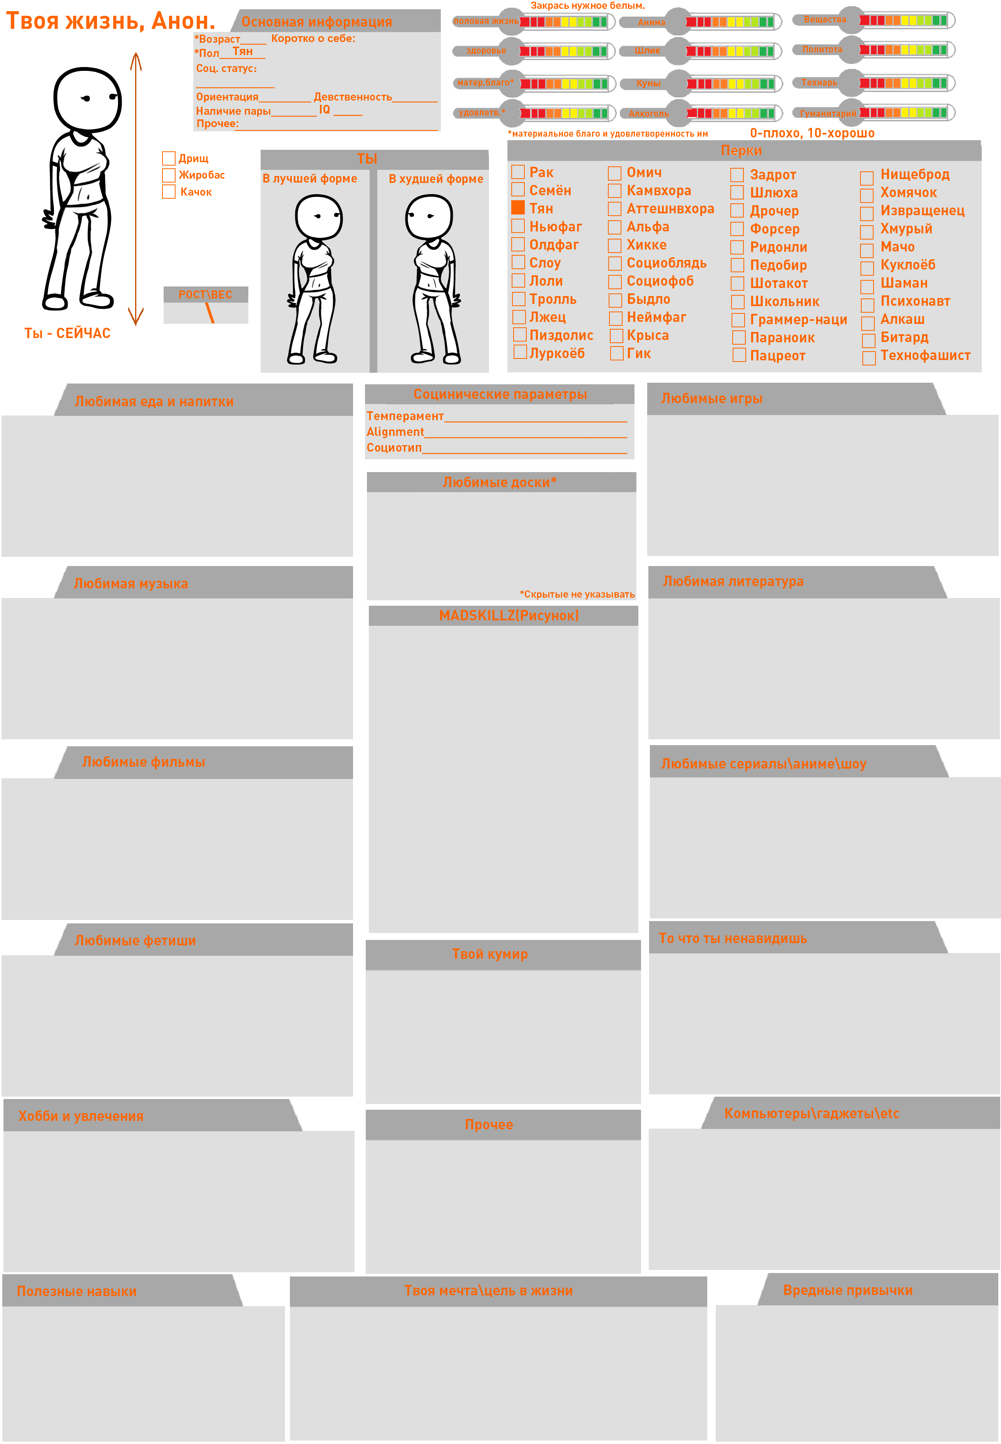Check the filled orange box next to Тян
(518, 208)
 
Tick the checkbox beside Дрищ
(169, 158)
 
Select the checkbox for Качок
(169, 191)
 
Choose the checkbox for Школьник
(738, 302)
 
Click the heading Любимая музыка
(131, 583)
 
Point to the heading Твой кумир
(490, 954)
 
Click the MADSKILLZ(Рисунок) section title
(509, 615)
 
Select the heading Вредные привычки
(848, 1290)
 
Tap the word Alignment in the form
(395, 432)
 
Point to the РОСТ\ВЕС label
(205, 294)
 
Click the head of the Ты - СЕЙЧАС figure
(87, 99)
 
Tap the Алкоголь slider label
(648, 114)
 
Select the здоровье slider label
(486, 50)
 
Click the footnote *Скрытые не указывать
(577, 594)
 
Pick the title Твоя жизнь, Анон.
(110, 21)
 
